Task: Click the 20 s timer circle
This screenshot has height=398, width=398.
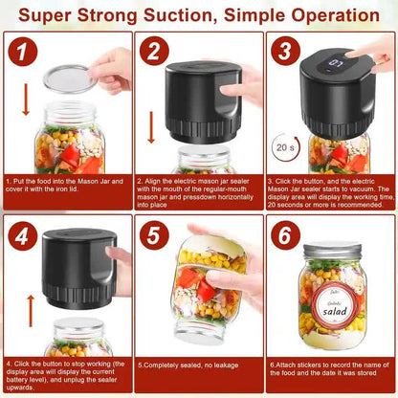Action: point(284,149)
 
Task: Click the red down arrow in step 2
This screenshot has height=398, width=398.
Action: point(152,126)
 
